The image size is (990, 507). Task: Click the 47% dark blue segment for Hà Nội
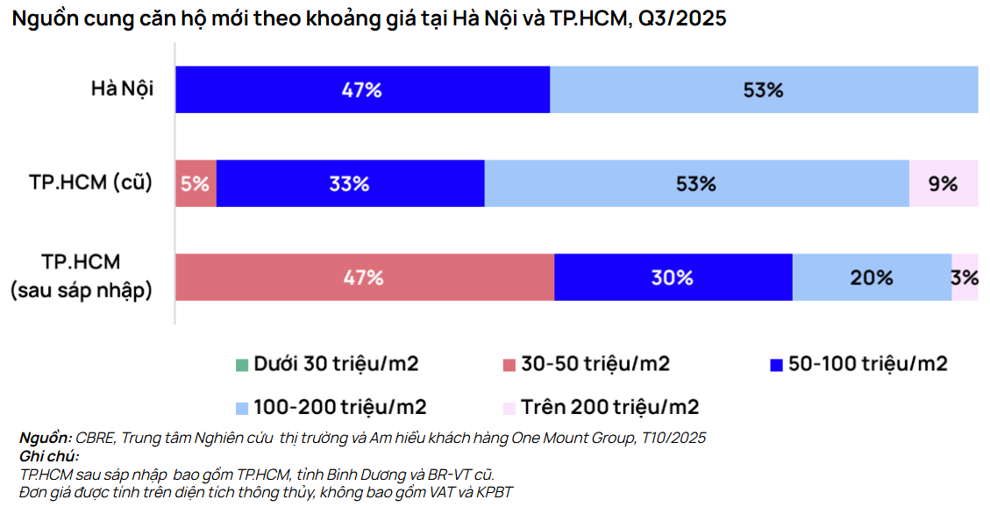click(362, 89)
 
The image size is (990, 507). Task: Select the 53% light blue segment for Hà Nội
click(763, 89)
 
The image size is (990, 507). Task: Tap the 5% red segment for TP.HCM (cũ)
click(196, 183)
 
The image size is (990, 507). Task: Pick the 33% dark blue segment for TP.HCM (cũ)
click(350, 183)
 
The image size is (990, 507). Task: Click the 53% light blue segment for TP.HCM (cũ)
click(696, 183)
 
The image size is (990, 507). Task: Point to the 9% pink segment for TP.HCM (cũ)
click(943, 183)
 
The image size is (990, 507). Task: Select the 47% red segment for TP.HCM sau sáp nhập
click(364, 277)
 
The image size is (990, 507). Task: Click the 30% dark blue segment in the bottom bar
click(673, 277)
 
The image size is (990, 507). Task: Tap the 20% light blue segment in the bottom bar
click(872, 277)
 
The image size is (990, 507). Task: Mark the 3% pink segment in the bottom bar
click(965, 277)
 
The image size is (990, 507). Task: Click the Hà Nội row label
click(122, 89)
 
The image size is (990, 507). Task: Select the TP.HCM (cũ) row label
click(89, 182)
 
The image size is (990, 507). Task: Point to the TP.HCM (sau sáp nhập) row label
click(82, 276)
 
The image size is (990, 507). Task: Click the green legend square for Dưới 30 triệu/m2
click(243, 364)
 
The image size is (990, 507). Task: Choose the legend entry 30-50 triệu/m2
click(587, 363)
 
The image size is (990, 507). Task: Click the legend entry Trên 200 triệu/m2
click(600, 407)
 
